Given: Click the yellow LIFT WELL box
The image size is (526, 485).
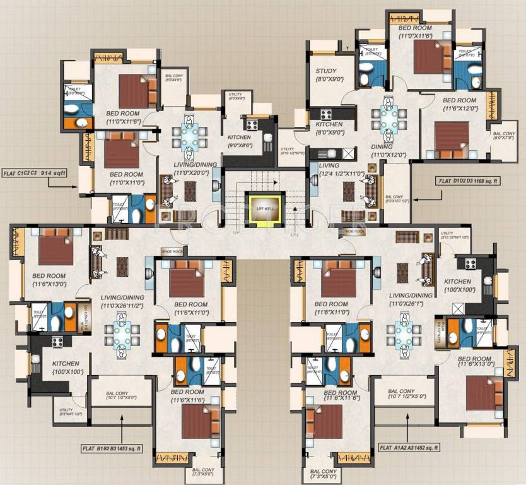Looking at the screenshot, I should pyautogui.click(x=260, y=208).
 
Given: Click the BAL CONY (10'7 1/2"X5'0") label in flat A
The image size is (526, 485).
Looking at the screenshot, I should pyautogui.click(x=401, y=395).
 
